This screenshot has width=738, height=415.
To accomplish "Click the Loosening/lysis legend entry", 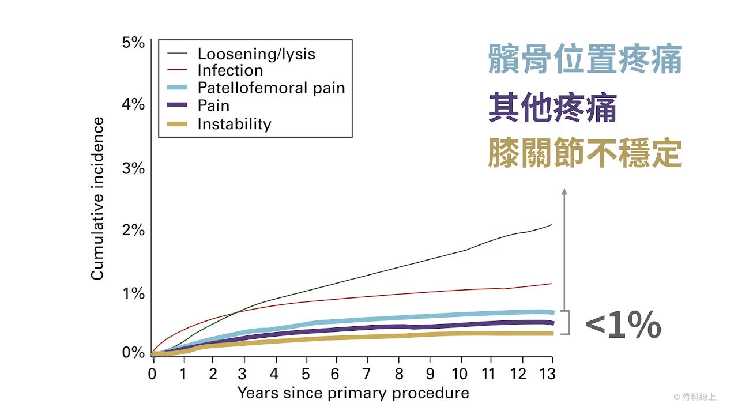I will pyautogui.click(x=256, y=54).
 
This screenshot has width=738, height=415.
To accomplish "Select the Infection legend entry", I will pyautogui.click(x=230, y=71).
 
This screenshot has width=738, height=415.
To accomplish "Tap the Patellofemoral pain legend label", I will pyautogui.click(x=271, y=88).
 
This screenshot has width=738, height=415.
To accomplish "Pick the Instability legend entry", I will pyautogui.click(x=234, y=124).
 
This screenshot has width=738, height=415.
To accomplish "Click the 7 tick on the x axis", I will pyautogui.click(x=366, y=373).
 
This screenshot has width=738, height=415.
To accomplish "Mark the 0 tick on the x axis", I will pyautogui.click(x=152, y=373).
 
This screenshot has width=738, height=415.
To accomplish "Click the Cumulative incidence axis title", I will pyautogui.click(x=97, y=199).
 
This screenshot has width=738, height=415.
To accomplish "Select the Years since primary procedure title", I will pyautogui.click(x=353, y=394).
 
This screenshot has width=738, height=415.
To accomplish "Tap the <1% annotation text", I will pyautogui.click(x=623, y=326).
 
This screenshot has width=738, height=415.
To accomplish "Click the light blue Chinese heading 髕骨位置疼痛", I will pyautogui.click(x=585, y=60).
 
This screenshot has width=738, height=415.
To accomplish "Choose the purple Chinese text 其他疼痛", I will pyautogui.click(x=552, y=108).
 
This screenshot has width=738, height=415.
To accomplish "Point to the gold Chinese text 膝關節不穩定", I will pyautogui.click(x=585, y=153).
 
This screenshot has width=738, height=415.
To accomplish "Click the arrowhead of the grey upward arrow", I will pyautogui.click(x=564, y=191).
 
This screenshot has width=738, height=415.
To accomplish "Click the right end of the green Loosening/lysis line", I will pyautogui.click(x=551, y=225).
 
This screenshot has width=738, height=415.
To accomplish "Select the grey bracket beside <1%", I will pyautogui.click(x=567, y=323).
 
